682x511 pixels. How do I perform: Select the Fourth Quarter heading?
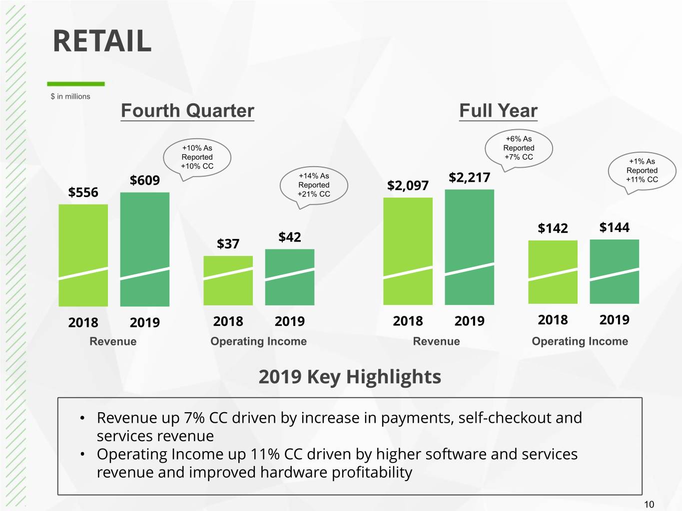(x=187, y=111)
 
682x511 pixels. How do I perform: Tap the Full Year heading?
(x=498, y=111)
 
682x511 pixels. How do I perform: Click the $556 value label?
(x=83, y=192)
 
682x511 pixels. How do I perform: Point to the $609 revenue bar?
(x=145, y=249)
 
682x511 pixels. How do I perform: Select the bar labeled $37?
(x=228, y=280)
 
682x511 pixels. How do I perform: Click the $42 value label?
(x=290, y=237)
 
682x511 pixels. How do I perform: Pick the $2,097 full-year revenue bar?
(x=408, y=251)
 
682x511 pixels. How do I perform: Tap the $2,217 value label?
(x=469, y=178)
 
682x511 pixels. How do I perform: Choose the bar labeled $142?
(x=553, y=272)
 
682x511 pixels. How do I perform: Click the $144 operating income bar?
(x=614, y=271)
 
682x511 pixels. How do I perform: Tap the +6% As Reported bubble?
(x=519, y=148)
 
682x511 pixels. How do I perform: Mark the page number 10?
(x=649, y=504)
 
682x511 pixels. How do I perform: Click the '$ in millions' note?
(x=70, y=96)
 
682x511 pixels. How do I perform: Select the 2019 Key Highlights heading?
(x=350, y=377)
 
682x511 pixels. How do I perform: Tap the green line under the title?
(x=76, y=84)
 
